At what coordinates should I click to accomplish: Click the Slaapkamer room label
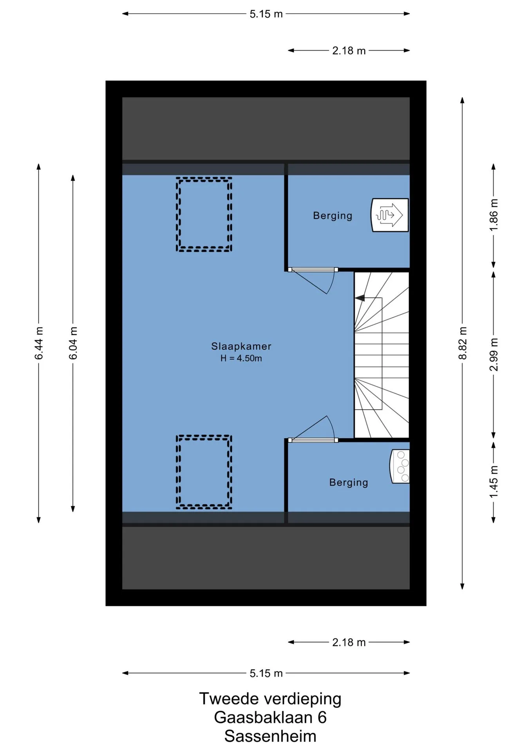[241, 346]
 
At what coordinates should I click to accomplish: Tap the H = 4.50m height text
[241, 358]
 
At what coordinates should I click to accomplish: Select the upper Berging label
[333, 216]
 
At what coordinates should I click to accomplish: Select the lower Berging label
[349, 483]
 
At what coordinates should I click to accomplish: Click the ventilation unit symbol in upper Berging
[390, 215]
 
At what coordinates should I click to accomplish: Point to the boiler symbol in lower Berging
[400, 466]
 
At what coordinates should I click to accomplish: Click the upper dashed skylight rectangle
[204, 179]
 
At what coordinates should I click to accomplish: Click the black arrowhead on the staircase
[360, 298]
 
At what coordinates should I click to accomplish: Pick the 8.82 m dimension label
[463, 343]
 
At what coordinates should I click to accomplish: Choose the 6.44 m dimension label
[39, 343]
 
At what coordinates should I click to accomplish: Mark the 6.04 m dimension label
[73, 343]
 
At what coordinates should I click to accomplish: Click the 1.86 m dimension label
[494, 215]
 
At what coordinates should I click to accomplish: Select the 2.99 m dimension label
[494, 354]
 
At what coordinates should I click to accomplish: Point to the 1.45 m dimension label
[494, 482]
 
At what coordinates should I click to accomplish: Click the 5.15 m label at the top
[266, 14]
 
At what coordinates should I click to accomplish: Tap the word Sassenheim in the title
[270, 736]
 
